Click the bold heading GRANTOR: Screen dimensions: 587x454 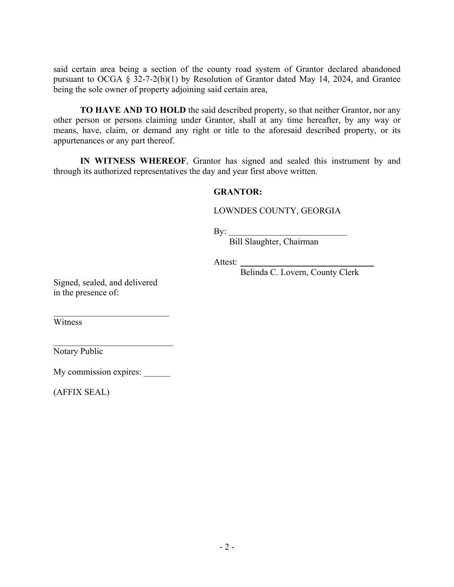coord(238,192)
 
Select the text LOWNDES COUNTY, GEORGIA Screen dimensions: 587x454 coord(277,211)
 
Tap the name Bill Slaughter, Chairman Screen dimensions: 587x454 coord(273,242)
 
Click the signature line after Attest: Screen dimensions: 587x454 coord(307,265)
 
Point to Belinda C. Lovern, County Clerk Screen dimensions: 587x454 coord(299,273)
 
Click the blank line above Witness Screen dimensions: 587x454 coord(111,315)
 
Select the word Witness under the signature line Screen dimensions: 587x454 coord(68,322)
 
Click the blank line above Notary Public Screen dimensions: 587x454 coord(113,344)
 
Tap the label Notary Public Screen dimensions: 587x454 coord(78,351)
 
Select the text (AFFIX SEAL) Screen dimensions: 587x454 coord(81,392)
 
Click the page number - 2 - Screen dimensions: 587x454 coord(227,547)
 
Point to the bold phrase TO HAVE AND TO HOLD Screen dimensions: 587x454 coord(133,110)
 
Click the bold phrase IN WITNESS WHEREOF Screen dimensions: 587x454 coord(133,161)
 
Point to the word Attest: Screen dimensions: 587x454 coord(225,263)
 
